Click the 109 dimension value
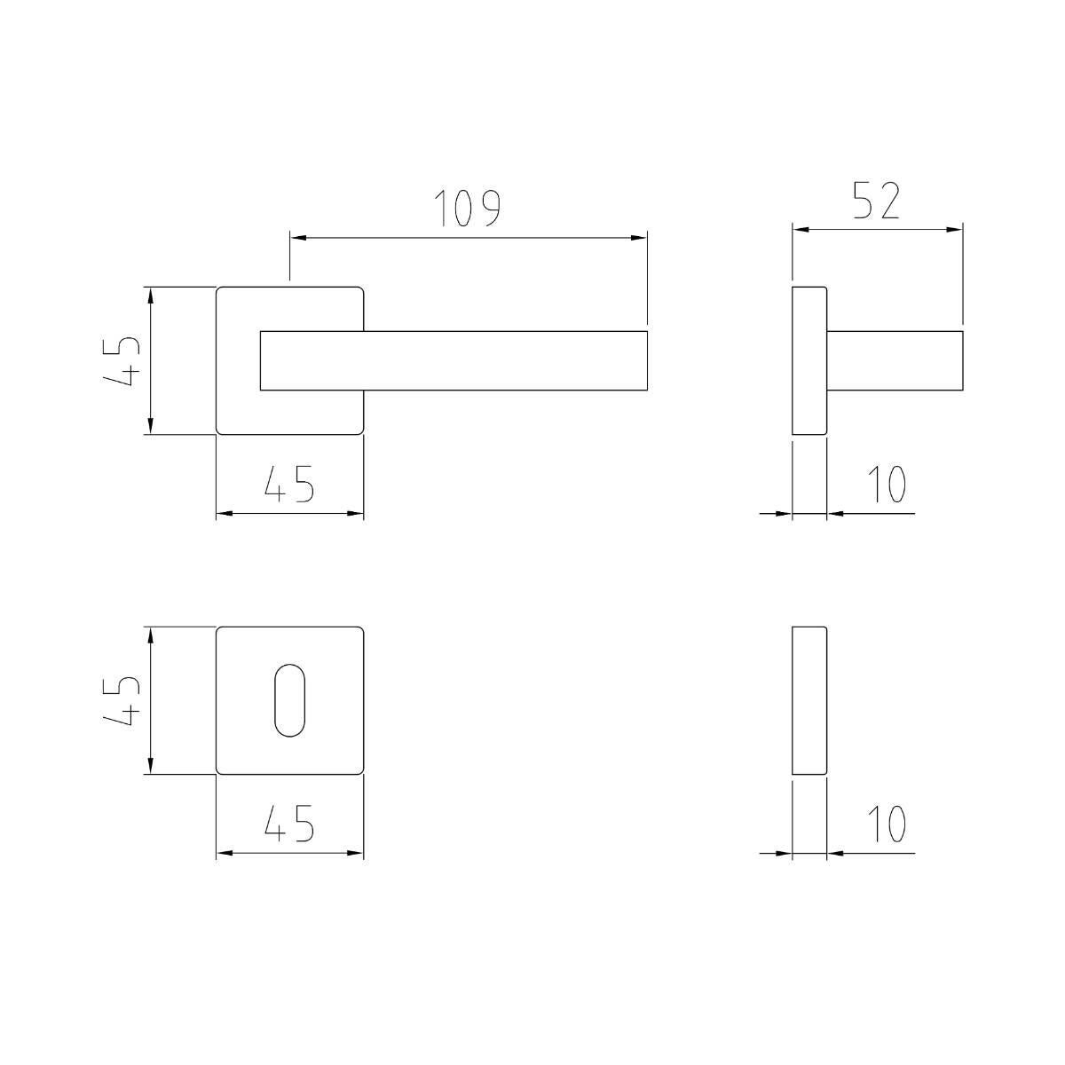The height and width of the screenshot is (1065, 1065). click(x=468, y=208)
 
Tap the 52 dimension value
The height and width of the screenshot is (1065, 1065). click(x=877, y=200)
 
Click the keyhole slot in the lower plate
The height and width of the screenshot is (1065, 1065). click(x=289, y=700)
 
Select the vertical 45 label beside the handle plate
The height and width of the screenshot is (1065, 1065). click(x=122, y=360)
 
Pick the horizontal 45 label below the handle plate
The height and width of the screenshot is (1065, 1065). click(x=289, y=484)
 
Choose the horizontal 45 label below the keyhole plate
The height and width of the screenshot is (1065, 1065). click(x=289, y=823)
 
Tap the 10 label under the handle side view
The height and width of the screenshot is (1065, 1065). click(x=887, y=485)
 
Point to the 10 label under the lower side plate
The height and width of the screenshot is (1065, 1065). click(x=887, y=824)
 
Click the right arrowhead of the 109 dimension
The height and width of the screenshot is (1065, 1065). click(x=639, y=238)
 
